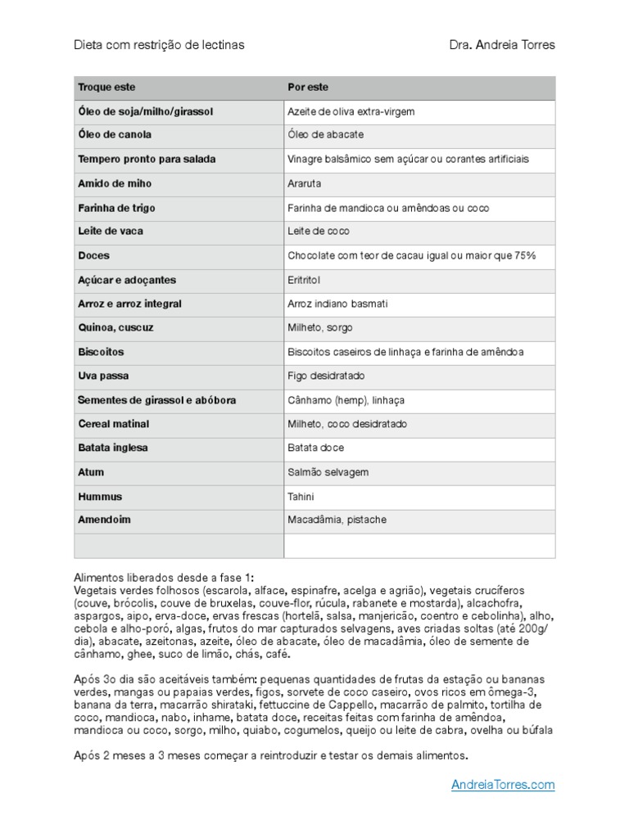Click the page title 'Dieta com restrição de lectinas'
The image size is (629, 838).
(159, 45)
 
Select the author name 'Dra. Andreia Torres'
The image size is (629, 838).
(501, 45)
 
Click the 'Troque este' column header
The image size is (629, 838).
(106, 87)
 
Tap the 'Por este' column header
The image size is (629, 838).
(308, 87)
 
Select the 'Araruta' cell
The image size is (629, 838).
(305, 184)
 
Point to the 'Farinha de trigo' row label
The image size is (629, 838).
(116, 208)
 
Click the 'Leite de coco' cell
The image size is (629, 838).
(319, 232)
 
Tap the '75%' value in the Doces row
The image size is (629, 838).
(525, 256)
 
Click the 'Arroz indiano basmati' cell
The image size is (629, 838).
(337, 304)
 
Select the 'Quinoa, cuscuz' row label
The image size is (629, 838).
(115, 327)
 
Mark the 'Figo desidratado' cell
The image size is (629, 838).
(326, 376)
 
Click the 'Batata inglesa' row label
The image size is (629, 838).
(113, 448)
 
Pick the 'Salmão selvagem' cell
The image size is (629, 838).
(328, 472)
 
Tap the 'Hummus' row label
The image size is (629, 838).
(100, 497)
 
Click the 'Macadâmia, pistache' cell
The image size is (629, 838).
(337, 520)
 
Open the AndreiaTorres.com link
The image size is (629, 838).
(503, 785)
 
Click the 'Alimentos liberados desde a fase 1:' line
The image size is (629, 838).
(164, 577)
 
